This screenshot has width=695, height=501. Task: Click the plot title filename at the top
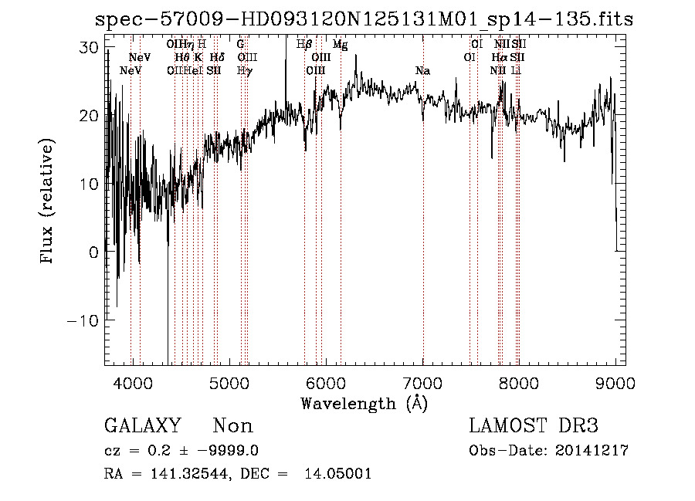coord(364,19)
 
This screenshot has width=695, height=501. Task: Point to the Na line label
coord(422,71)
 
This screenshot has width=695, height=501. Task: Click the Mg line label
coord(340,45)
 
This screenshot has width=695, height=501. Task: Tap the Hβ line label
coord(304,45)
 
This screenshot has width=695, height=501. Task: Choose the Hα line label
coord(500,58)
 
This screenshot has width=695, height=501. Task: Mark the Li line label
coord(517,71)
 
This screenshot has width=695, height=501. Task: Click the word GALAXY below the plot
coord(142,426)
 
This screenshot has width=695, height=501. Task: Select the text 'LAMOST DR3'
coord(534,426)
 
